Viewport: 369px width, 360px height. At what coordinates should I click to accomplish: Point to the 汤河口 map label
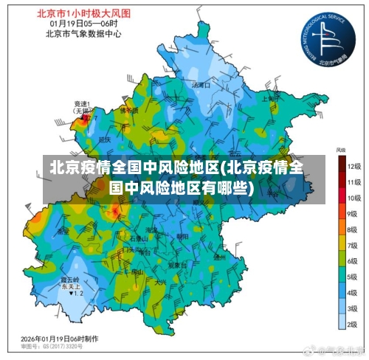pyautogui.click(x=201, y=86)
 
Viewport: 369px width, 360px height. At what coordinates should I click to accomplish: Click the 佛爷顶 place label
pyautogui.click(x=130, y=111)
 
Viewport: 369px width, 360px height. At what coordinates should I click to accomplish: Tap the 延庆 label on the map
pyautogui.click(x=104, y=139)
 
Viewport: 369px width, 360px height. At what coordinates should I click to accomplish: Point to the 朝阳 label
pyautogui.click(x=182, y=237)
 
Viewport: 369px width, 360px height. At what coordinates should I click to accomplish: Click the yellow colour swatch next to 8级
pyautogui.click(x=342, y=229)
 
